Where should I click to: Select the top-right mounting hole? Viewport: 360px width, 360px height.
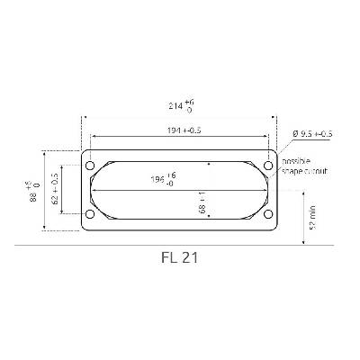tap(267, 167)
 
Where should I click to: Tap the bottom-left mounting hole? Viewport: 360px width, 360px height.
tap(89, 214)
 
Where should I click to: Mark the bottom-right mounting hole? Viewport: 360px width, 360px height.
tap(267, 214)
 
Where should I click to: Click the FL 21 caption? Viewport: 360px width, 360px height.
tap(178, 256)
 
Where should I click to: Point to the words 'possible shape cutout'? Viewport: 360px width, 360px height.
tap(303, 165)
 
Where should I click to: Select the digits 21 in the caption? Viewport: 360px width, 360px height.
tap(189, 256)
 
